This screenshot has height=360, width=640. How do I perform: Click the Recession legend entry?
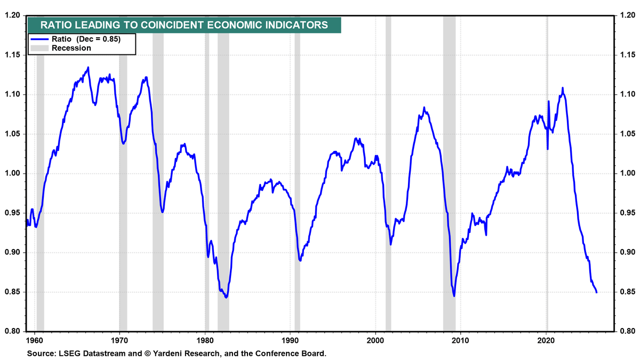tap(70, 48)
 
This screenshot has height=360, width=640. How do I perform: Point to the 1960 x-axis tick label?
tap(34, 339)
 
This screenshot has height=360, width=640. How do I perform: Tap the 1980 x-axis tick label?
tap(205, 339)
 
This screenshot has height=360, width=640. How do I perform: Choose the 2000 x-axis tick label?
tap(376, 339)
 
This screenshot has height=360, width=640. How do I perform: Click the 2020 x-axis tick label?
tap(547, 339)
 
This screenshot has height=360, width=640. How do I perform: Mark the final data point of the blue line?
tap(596, 292)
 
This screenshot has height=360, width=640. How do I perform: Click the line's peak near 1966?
tap(88, 67)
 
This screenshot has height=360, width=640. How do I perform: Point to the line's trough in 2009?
tap(454, 296)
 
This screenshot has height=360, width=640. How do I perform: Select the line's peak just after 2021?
tap(563, 88)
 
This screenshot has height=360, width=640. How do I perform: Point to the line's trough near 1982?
tap(226, 298)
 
